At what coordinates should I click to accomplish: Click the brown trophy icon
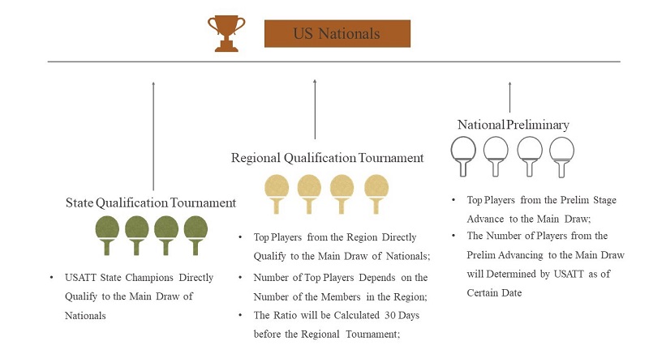226,33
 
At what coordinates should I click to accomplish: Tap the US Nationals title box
337,33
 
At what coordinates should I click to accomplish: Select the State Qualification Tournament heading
151,203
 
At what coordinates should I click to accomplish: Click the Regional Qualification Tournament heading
328,158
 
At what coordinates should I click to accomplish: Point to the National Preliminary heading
514,125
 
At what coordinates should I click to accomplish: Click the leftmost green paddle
107,235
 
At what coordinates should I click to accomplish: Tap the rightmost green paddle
196,235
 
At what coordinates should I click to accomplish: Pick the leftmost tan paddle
277,194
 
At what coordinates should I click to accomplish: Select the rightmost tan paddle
376,194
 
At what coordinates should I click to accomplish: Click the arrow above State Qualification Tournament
153,136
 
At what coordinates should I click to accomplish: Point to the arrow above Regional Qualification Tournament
315,109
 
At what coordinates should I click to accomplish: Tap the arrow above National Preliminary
510,97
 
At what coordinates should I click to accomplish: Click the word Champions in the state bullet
149,278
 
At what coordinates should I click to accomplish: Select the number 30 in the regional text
390,315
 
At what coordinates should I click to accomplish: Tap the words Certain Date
494,293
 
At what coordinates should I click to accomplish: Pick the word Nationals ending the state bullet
85,316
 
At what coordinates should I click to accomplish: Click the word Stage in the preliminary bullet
604,201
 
